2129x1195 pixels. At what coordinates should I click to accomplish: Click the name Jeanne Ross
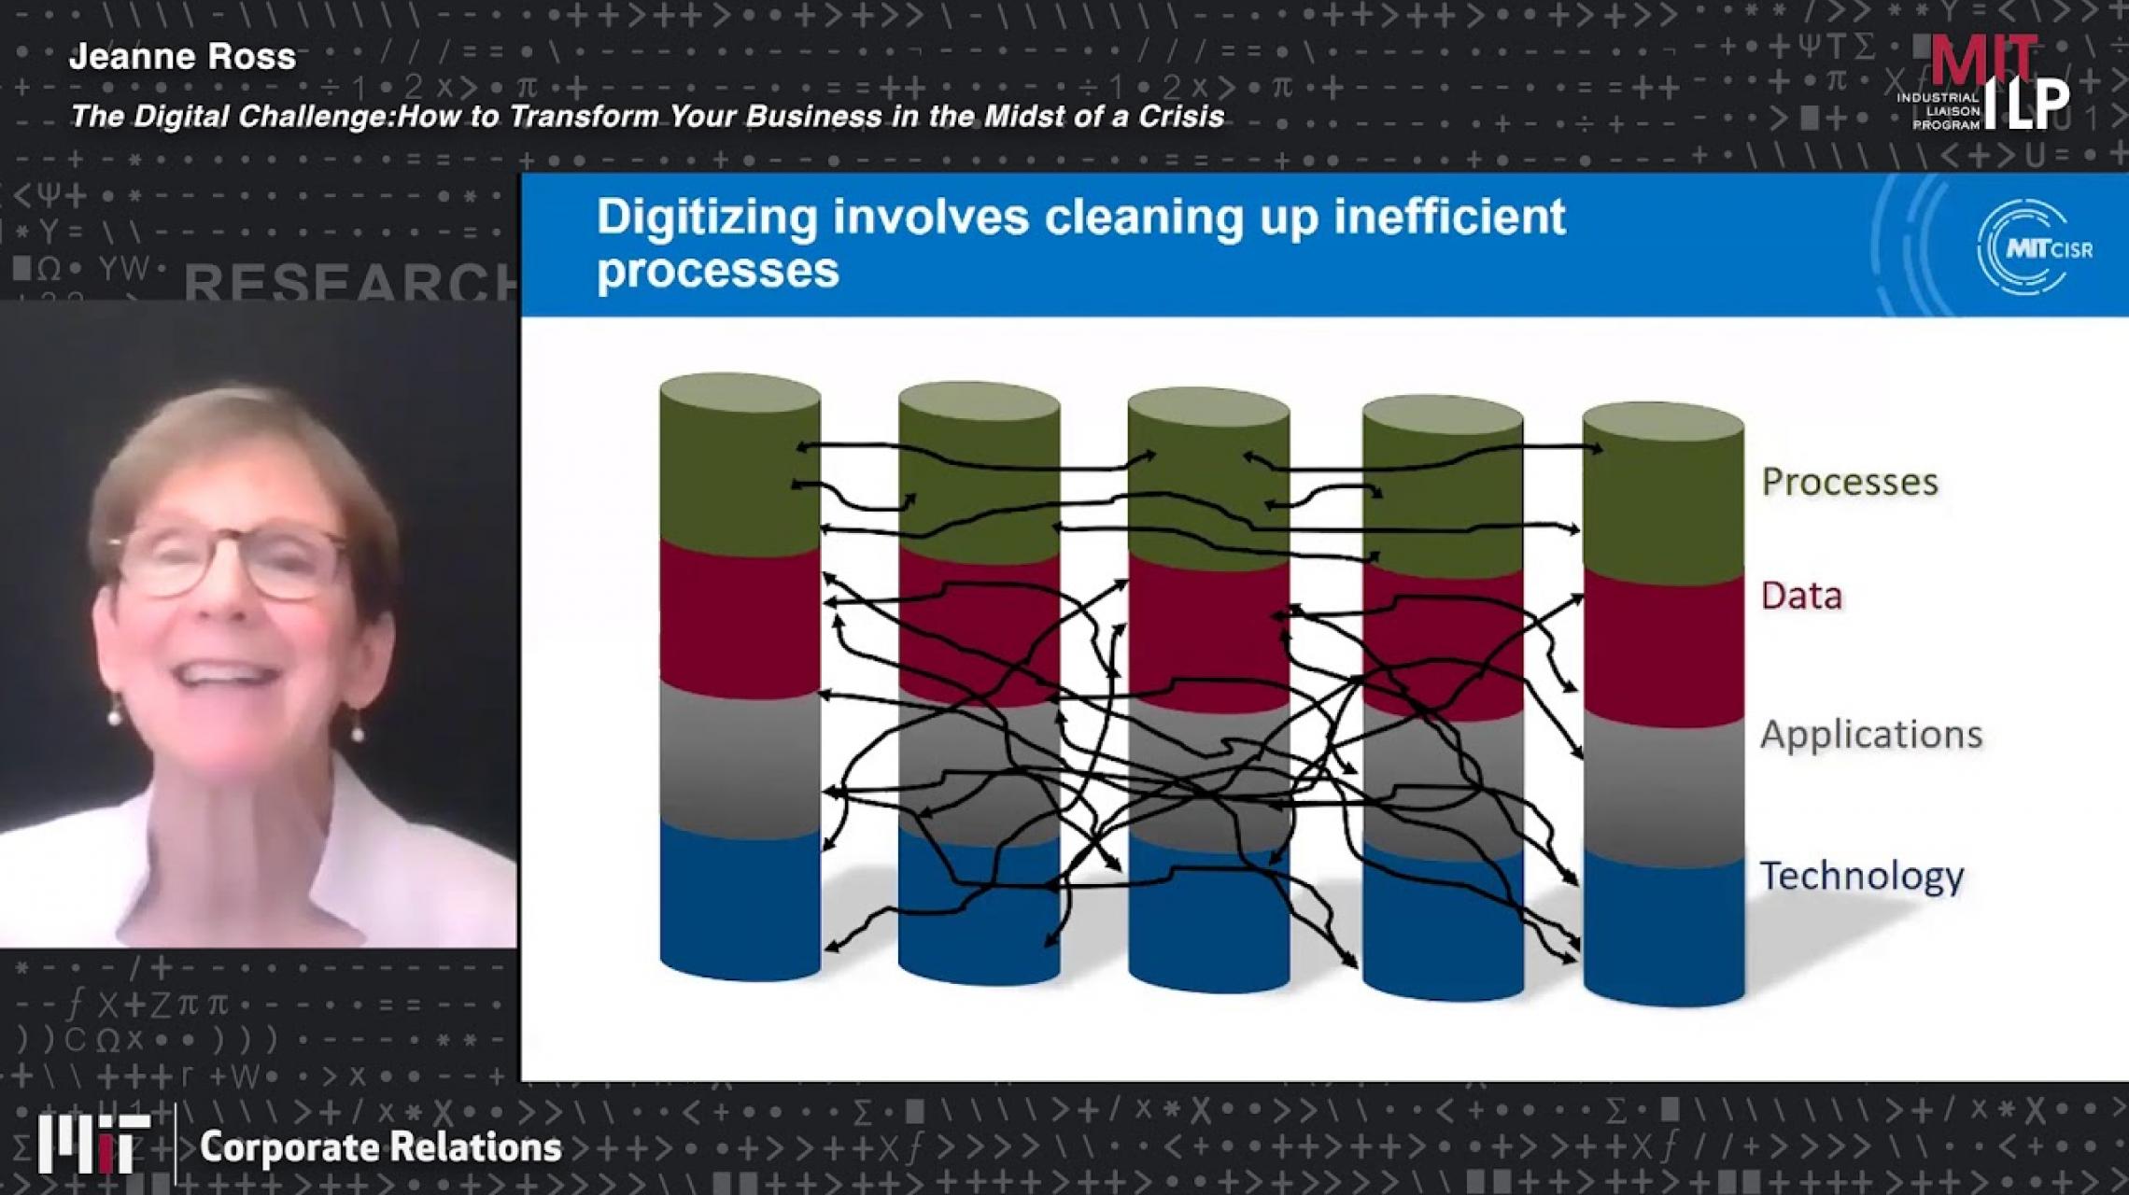pyautogui.click(x=182, y=57)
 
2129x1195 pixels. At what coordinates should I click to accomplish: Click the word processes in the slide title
pyautogui.click(x=717, y=271)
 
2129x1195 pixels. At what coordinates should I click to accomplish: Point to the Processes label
pyautogui.click(x=1849, y=482)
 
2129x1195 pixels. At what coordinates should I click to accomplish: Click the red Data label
pyautogui.click(x=1800, y=596)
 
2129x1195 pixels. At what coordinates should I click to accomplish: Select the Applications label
pyautogui.click(x=1870, y=735)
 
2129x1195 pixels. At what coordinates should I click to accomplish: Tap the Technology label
pyautogui.click(x=1861, y=876)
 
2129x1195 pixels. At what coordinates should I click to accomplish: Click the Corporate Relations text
pyautogui.click(x=380, y=1147)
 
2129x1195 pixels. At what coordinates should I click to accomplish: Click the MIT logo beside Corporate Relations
pyautogui.click(x=93, y=1143)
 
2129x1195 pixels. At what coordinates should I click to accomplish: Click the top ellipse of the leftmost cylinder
pyautogui.click(x=740, y=392)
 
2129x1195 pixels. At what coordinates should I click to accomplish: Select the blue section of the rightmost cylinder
pyautogui.click(x=1663, y=934)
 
